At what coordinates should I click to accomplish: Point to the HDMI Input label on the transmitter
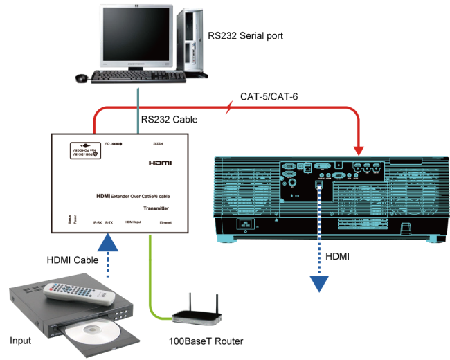[133, 222]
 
